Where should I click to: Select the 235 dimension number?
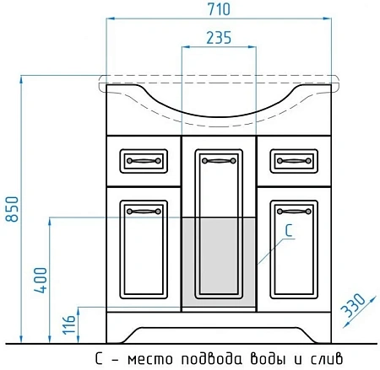pyautogui.click(x=219, y=38)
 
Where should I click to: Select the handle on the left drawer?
pyautogui.click(x=137, y=158)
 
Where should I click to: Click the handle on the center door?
pyautogui.click(x=220, y=158)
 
